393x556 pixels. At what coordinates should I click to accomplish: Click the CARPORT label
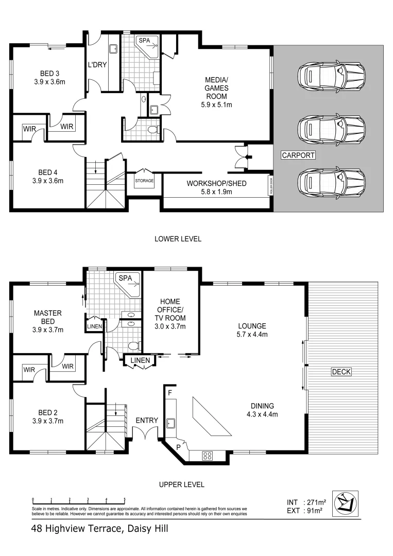coord(298,155)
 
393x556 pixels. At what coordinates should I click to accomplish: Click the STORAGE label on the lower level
coord(144,181)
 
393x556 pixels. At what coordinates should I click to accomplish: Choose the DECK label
coord(341,371)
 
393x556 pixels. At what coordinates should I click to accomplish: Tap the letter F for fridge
coord(169,392)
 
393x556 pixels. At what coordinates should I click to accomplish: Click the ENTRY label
coord(147,421)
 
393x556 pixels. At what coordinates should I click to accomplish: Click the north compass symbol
coord(348,503)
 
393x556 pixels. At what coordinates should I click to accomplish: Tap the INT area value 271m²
coord(315,502)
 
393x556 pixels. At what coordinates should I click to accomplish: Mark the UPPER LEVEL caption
coord(182,484)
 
